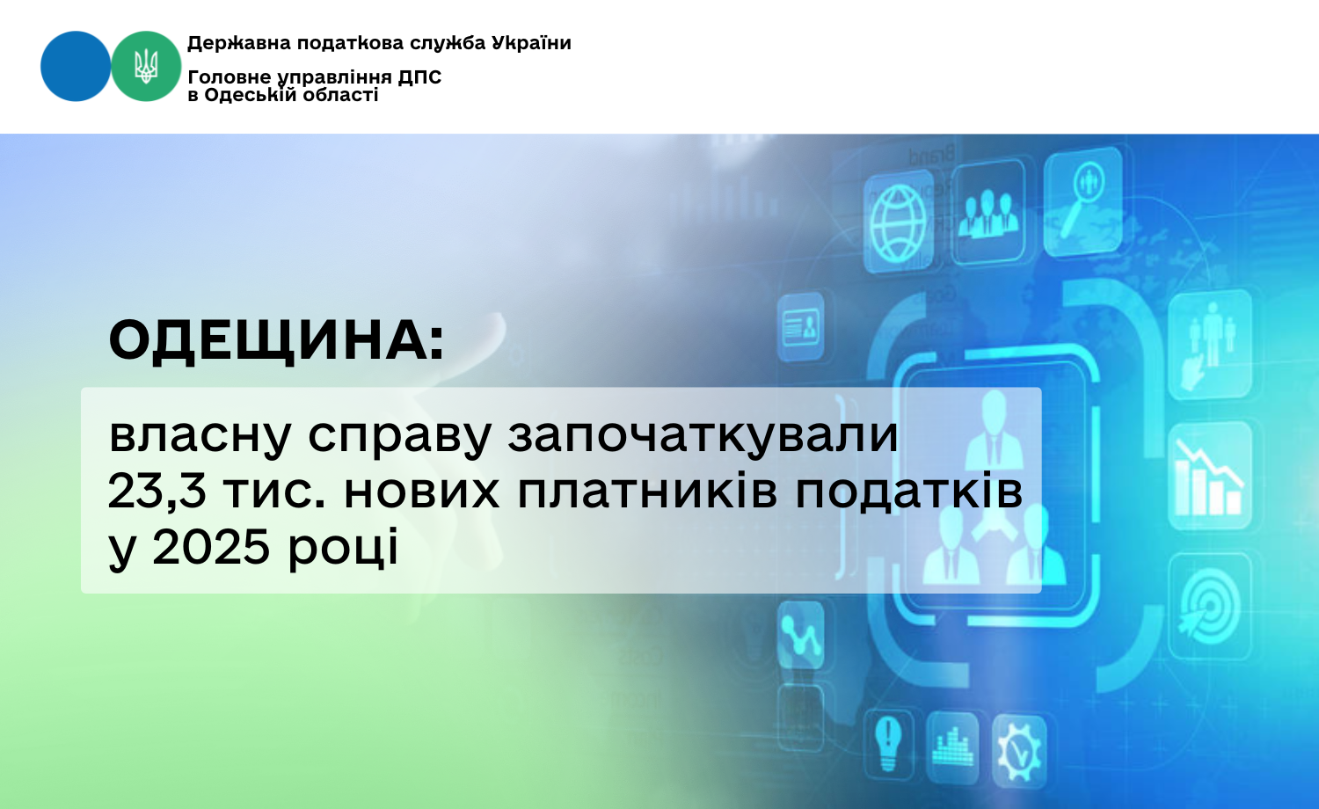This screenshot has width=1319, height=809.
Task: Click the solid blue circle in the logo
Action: (x=76, y=66)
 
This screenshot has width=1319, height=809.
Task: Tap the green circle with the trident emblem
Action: (x=146, y=66)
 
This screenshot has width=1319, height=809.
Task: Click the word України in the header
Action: (x=531, y=43)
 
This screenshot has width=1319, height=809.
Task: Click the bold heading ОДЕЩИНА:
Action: (x=276, y=341)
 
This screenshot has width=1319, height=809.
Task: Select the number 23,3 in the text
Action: (x=157, y=491)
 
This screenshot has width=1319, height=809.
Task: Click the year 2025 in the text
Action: (x=211, y=547)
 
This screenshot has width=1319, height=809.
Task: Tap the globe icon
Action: (x=899, y=222)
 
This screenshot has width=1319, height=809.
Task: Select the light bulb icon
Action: (x=888, y=744)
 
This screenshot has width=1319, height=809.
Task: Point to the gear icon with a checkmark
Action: (x=1019, y=751)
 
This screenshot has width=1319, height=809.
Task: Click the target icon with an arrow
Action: (x=1209, y=607)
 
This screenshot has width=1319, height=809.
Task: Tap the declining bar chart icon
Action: (x=1209, y=477)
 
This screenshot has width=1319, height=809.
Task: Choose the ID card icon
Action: (x=801, y=327)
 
